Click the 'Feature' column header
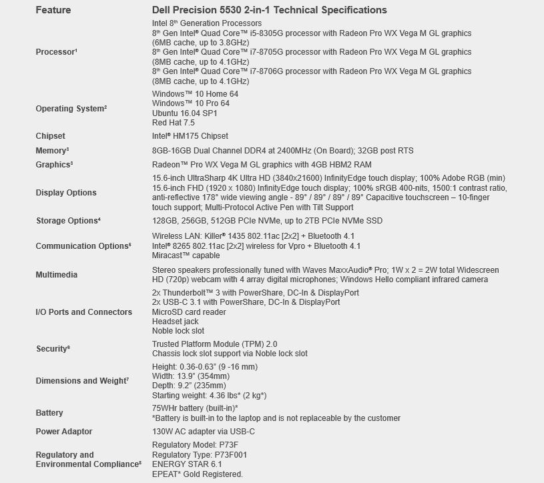pyautogui.click(x=53, y=10)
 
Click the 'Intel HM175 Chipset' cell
pyautogui.click(x=190, y=136)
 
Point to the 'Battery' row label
pyautogui.click(x=49, y=413)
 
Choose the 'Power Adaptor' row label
pyautogui.click(x=64, y=432)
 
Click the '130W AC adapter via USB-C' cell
pyautogui.click(x=204, y=432)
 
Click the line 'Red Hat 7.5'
pyautogui.click(x=174, y=123)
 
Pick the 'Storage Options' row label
pyautogui.click(x=68, y=221)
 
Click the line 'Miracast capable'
pyautogui.click(x=187, y=256)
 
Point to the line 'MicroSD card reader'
pyautogui.click(x=189, y=312)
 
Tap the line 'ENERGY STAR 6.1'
pyautogui.click(x=187, y=464)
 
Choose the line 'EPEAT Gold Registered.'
pyautogui.click(x=198, y=474)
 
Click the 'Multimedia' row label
pyautogui.click(x=56, y=275)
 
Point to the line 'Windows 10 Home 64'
pyautogui.click(x=195, y=95)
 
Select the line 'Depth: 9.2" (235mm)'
pyautogui.click(x=189, y=386)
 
